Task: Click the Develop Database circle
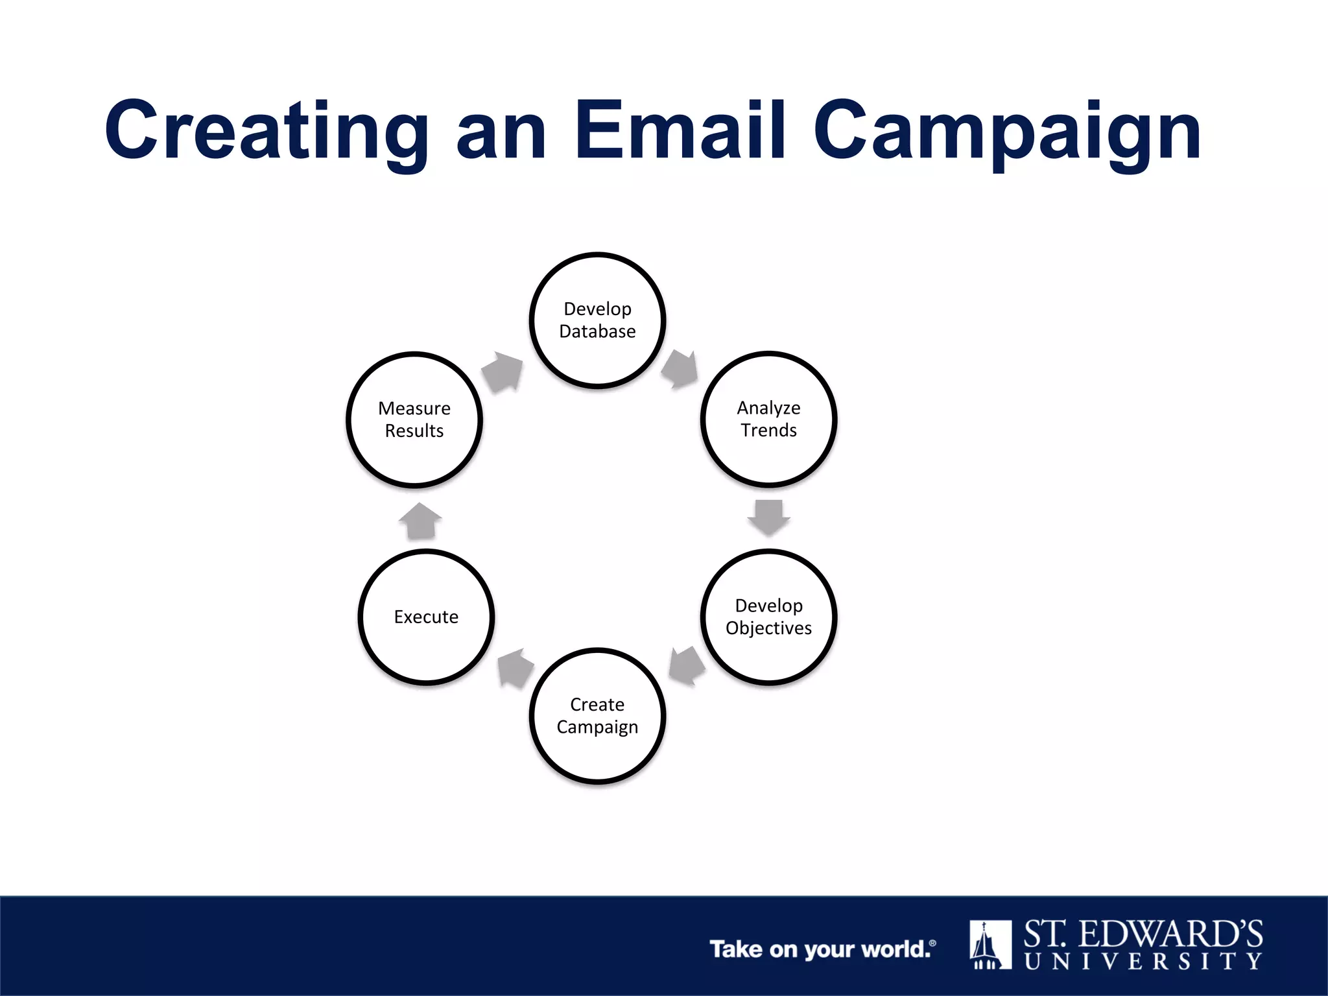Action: pos(597,320)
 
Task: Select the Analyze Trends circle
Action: pos(768,419)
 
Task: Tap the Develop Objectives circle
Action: pos(768,617)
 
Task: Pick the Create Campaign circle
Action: pos(597,716)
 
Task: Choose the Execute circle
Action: pos(426,617)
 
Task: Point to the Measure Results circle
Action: pos(414,420)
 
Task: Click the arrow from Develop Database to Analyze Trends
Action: pos(680,370)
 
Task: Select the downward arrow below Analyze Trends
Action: pos(769,517)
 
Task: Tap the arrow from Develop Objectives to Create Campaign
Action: pos(687,666)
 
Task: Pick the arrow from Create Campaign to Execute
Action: pos(515,668)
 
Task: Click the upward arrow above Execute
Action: pos(420,521)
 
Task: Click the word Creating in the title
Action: pos(267,131)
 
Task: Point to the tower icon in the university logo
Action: pos(990,945)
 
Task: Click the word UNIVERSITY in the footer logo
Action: pos(1143,961)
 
